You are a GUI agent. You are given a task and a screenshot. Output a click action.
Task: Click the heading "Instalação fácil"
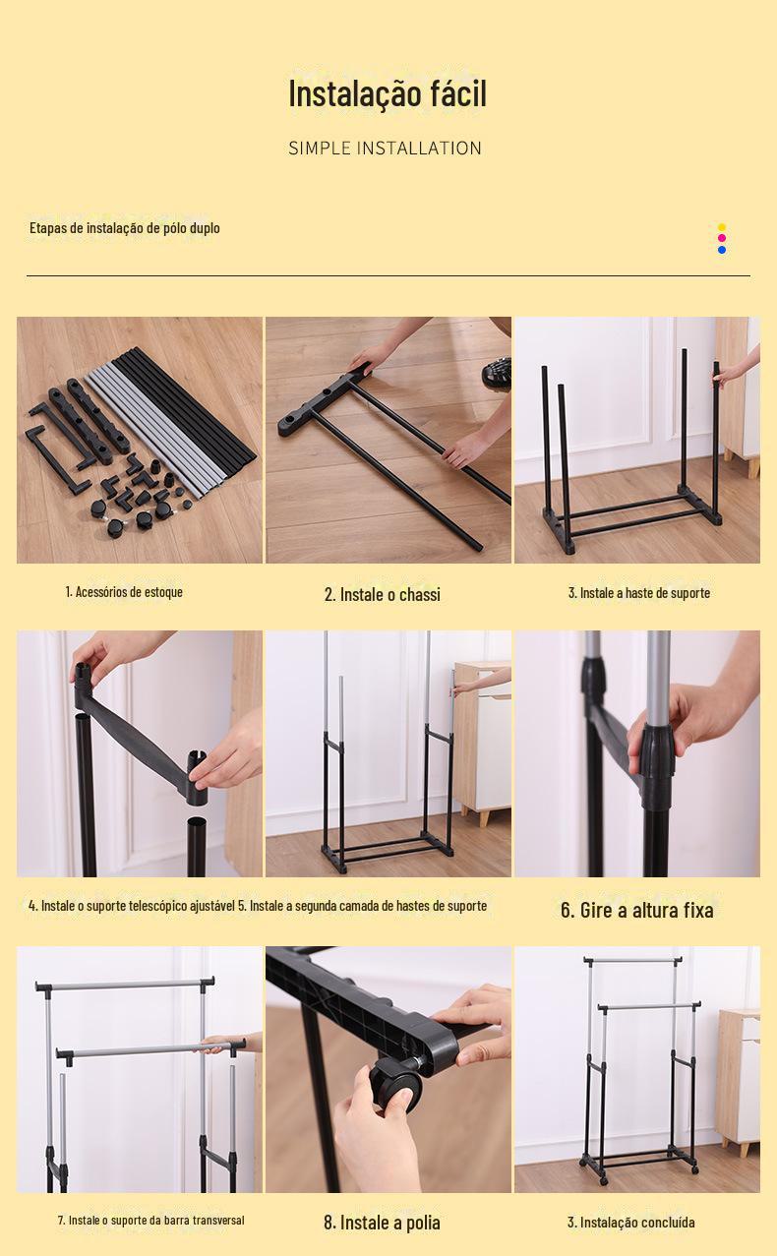tap(388, 93)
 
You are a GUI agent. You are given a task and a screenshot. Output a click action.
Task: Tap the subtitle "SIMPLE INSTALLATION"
tap(386, 149)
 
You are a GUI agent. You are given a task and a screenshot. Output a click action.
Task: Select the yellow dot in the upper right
tap(722, 227)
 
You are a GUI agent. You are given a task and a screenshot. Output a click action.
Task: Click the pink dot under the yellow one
tap(722, 238)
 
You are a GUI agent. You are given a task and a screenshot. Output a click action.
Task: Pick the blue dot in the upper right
tap(722, 250)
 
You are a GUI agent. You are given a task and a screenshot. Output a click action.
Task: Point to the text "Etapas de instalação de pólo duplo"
tap(125, 228)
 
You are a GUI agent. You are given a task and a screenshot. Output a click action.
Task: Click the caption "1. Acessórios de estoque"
tap(124, 591)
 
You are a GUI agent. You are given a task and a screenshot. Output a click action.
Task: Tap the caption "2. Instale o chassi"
tap(383, 594)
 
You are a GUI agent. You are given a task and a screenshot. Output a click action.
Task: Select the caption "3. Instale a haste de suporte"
tap(639, 593)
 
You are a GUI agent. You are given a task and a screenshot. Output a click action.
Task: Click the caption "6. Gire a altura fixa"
tap(637, 910)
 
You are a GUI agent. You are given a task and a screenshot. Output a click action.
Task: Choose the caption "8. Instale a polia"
tap(382, 1223)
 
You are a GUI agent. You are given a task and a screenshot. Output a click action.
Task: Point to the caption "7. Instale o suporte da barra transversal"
tap(150, 1221)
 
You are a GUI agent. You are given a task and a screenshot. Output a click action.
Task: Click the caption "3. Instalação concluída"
tap(631, 1223)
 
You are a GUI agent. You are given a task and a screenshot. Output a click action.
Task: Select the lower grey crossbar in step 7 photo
tap(151, 1049)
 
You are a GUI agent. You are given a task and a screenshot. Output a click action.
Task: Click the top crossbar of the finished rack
tap(633, 961)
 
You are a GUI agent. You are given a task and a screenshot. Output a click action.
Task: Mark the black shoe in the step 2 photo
tap(497, 372)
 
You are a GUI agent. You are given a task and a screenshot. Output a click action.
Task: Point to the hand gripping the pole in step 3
tap(738, 366)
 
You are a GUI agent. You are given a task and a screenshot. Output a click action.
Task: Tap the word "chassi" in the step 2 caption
tap(420, 594)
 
